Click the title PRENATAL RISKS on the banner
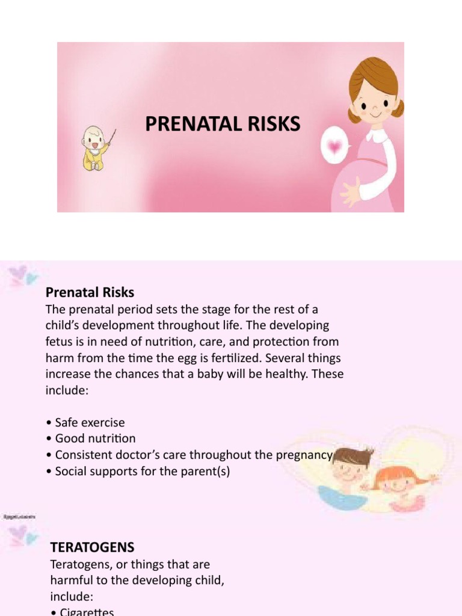223,124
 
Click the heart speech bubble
335,145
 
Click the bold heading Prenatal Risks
90,292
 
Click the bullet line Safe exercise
89,422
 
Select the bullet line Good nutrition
95,439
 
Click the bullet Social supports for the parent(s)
142,472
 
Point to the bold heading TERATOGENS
92,547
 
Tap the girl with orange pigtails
396,482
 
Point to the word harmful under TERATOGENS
69,580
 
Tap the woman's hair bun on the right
398,108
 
